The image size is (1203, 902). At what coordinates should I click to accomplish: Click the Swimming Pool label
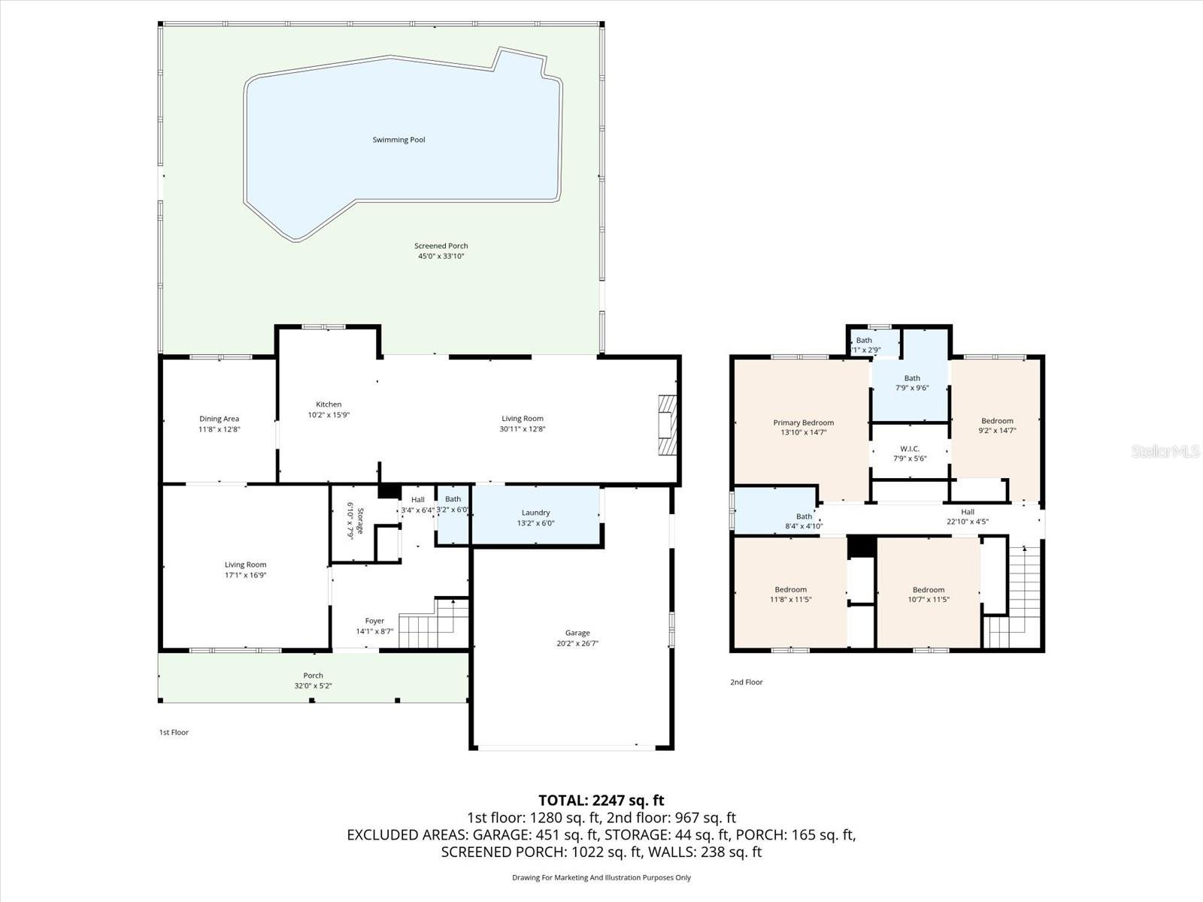point(398,140)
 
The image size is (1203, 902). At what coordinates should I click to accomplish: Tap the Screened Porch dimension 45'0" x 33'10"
point(441,256)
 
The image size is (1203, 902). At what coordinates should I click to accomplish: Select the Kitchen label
point(329,404)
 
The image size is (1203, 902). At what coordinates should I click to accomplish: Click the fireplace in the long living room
point(667,425)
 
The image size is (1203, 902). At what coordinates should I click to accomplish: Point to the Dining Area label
point(219,419)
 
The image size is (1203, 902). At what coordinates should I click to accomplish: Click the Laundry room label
point(535,513)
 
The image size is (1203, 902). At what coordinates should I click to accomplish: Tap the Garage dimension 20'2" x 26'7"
point(577,643)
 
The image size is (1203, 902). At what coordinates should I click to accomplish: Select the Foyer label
point(374,621)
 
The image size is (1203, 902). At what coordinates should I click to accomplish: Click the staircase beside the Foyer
point(432,624)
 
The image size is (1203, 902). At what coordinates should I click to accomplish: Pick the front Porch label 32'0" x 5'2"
point(313,676)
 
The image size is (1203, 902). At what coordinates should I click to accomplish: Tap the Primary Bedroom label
point(803,422)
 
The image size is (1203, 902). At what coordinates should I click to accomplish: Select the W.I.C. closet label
point(910,449)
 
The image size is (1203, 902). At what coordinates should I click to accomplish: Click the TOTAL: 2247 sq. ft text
point(601,801)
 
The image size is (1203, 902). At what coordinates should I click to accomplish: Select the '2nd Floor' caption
point(746,683)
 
